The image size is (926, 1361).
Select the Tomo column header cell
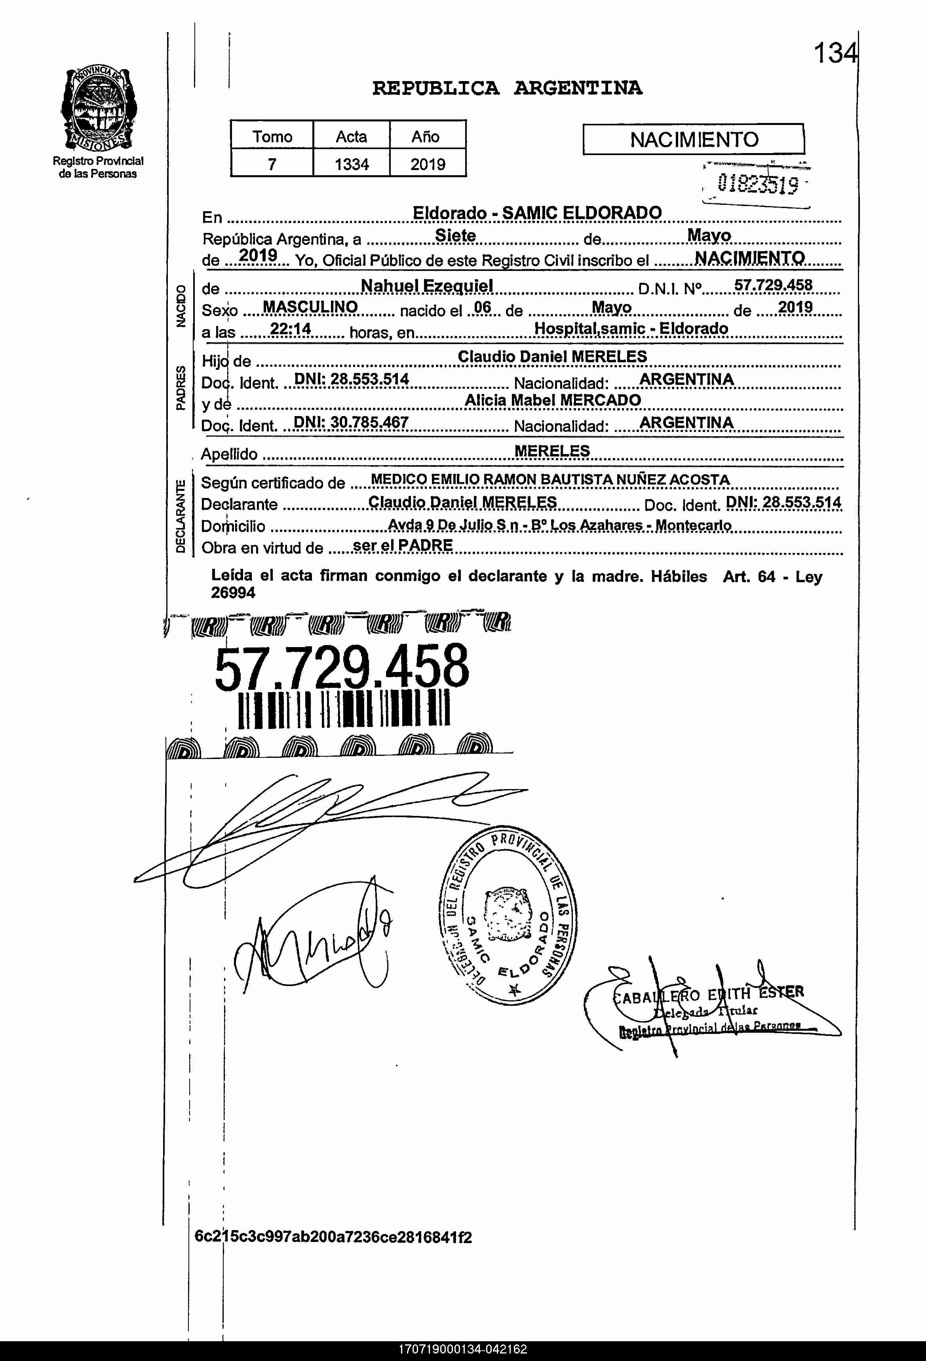point(272,136)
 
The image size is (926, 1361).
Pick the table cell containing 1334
point(352,164)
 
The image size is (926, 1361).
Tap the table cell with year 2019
point(428,164)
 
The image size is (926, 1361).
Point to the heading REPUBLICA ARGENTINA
point(507,89)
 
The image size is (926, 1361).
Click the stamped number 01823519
point(757,185)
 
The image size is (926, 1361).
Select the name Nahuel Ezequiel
point(427,286)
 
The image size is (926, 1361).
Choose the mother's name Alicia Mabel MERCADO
point(553,400)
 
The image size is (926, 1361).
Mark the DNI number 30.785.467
point(351,422)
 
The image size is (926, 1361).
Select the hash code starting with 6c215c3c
point(333,1237)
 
